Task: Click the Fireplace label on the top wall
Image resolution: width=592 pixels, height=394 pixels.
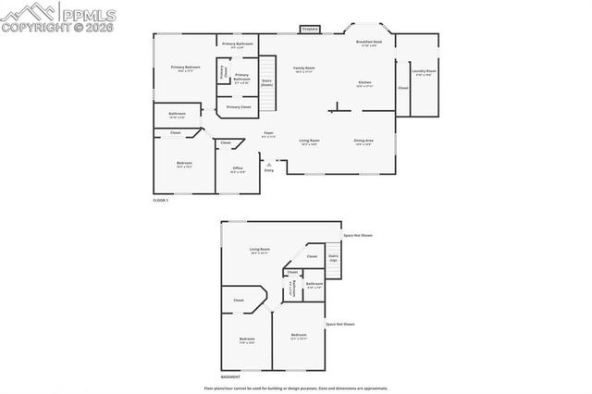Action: click(x=310, y=29)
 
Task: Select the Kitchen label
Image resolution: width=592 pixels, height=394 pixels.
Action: click(x=365, y=84)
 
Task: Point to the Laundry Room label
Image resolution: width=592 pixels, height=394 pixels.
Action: click(x=424, y=72)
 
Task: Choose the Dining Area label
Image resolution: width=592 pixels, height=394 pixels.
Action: click(x=363, y=142)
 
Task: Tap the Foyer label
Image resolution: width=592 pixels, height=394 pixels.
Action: click(x=268, y=134)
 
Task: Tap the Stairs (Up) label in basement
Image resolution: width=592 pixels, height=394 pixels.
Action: click(x=333, y=260)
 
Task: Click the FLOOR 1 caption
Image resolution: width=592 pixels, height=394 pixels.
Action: click(x=162, y=200)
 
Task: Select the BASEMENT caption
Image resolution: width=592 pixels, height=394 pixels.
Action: click(x=231, y=377)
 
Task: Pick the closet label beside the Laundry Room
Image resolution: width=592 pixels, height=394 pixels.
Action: click(x=402, y=89)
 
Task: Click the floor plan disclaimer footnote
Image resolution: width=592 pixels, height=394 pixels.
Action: click(x=295, y=388)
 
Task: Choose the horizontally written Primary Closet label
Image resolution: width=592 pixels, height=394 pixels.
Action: click(x=239, y=107)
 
